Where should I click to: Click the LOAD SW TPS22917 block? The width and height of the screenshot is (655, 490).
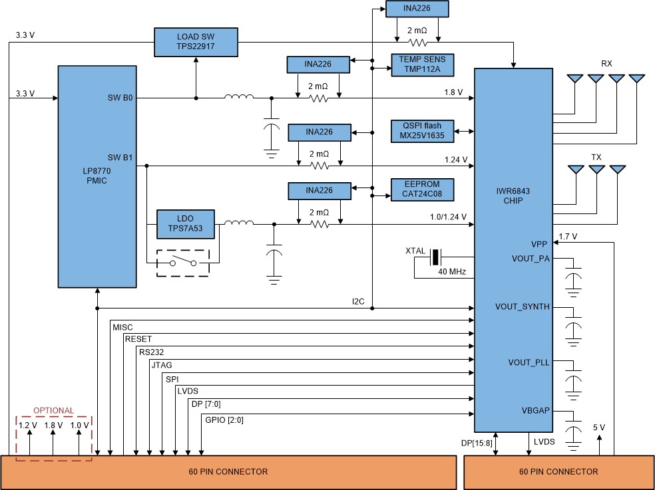(x=195, y=42)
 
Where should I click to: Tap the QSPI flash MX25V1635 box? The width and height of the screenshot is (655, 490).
(x=422, y=131)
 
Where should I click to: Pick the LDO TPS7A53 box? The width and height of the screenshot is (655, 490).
(x=186, y=224)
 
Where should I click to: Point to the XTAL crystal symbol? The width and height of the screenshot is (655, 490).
(x=435, y=257)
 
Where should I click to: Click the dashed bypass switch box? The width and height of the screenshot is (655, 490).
(x=183, y=262)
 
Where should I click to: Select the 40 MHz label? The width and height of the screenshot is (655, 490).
(x=451, y=272)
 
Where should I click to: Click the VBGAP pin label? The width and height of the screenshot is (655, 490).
(x=536, y=411)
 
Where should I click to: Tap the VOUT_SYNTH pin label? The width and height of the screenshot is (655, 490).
(x=523, y=307)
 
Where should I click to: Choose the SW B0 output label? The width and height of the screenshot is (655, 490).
(x=120, y=98)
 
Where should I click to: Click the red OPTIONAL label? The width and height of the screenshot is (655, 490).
(x=54, y=410)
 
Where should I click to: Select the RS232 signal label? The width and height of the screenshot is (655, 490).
(x=152, y=352)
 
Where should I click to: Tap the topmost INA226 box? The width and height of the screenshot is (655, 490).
(x=417, y=9)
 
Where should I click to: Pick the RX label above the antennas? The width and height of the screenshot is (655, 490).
(x=606, y=64)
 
